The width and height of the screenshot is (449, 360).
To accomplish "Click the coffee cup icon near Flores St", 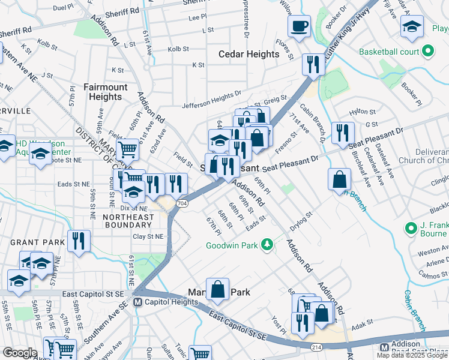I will (x=298, y=26).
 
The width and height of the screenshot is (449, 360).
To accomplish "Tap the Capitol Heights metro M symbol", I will (x=137, y=302).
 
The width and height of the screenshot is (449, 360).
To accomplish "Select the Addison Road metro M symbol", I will (x=384, y=348).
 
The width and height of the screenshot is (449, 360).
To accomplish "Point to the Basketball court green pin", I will (x=428, y=52).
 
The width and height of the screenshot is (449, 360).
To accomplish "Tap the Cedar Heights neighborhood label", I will (x=249, y=54).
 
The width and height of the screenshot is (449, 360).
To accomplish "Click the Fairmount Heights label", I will (x=106, y=92).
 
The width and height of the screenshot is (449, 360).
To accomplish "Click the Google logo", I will (x=20, y=352).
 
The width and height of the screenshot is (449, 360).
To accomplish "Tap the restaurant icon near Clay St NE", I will (x=79, y=241).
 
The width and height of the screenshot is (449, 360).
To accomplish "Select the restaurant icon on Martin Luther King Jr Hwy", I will (x=312, y=64).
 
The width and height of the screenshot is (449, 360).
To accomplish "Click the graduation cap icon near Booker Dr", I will (x=411, y=27).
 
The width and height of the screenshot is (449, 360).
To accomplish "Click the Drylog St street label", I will (x=301, y=220).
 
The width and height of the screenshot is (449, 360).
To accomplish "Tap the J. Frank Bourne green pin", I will (x=411, y=229).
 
